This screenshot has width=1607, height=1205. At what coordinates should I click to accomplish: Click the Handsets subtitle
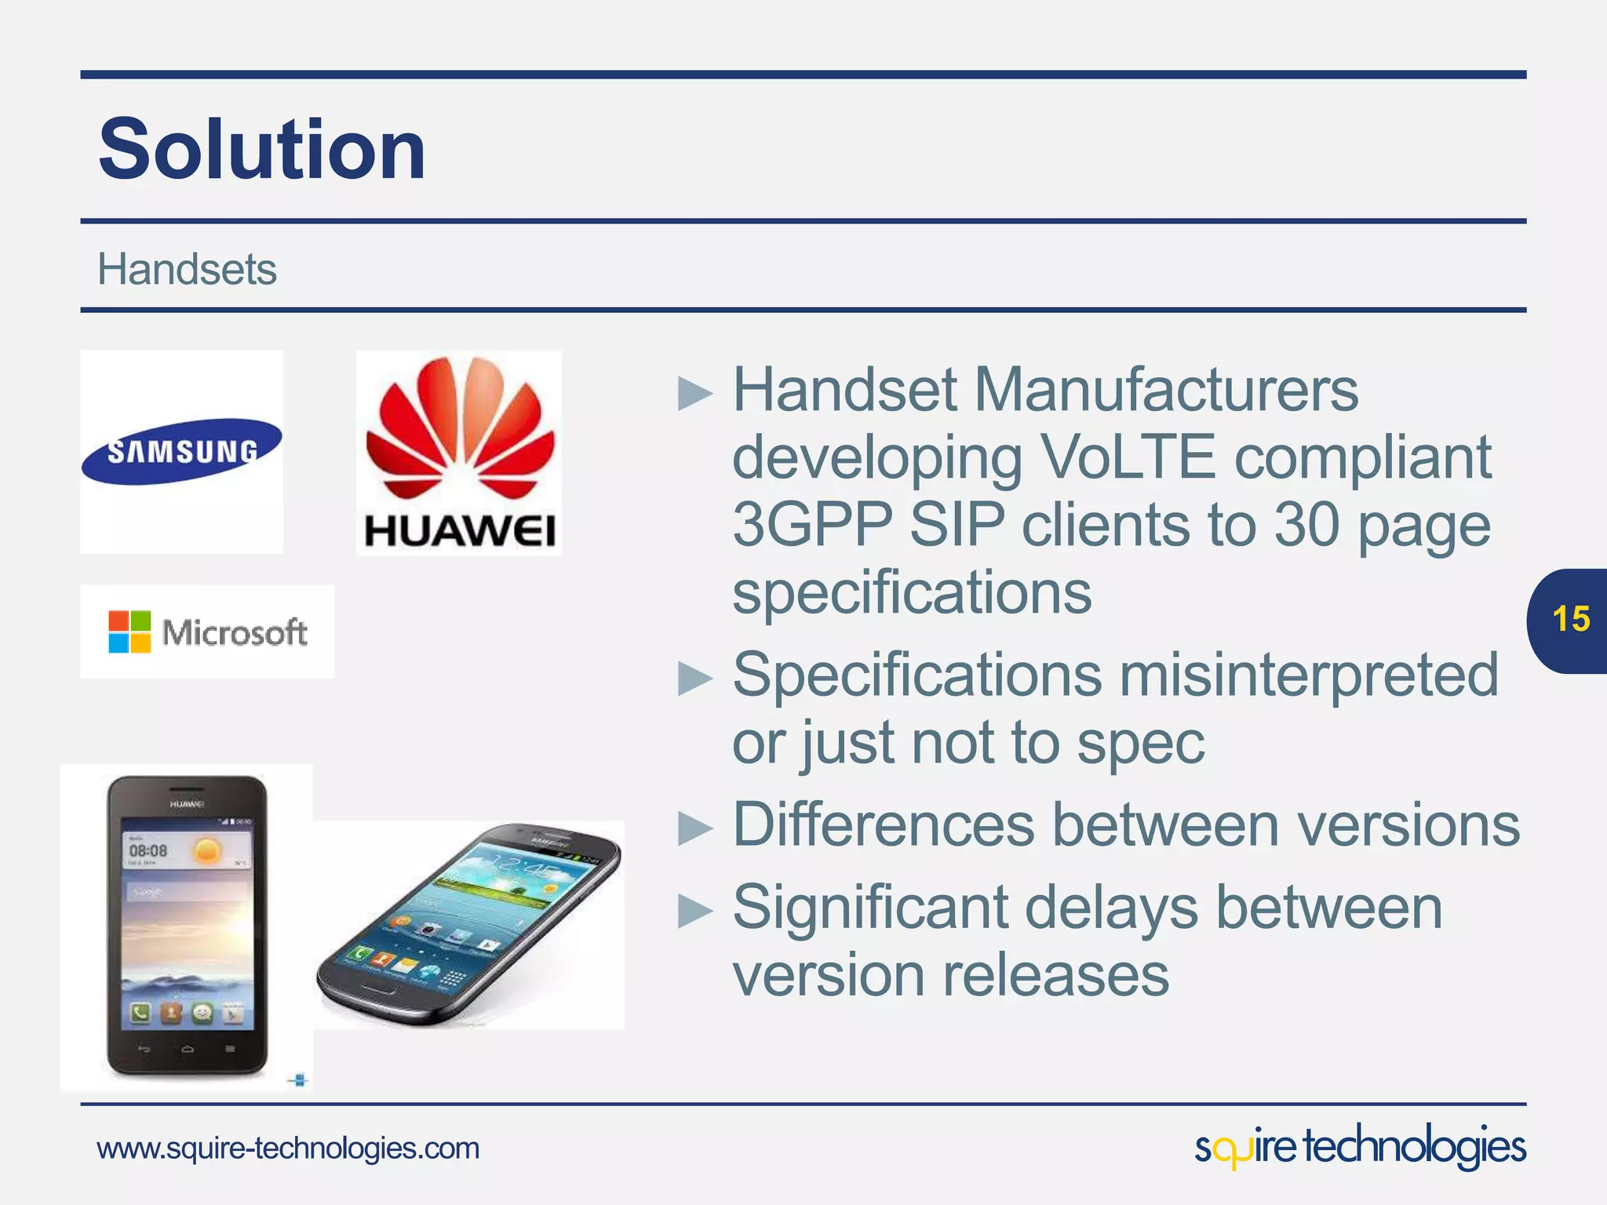pyautogui.click(x=186, y=270)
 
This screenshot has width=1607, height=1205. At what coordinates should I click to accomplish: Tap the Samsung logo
pyautogui.click(x=181, y=451)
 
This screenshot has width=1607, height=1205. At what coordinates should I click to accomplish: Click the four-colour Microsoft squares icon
pyautogui.click(x=129, y=632)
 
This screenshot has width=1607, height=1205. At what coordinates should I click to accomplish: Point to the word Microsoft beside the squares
pyautogui.click(x=234, y=632)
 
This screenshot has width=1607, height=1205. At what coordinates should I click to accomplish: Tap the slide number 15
pyautogui.click(x=1570, y=620)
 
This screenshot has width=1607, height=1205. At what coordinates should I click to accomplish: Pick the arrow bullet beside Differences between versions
pyautogui.click(x=694, y=828)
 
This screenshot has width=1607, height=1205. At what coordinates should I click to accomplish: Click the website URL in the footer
pyautogui.click(x=288, y=1149)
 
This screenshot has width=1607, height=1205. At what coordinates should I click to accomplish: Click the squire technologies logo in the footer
pyautogui.click(x=1359, y=1147)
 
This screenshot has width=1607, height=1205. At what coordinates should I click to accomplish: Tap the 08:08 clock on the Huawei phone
pyautogui.click(x=148, y=850)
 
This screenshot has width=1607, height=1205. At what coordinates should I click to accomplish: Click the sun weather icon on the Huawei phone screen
pyautogui.click(x=207, y=850)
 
